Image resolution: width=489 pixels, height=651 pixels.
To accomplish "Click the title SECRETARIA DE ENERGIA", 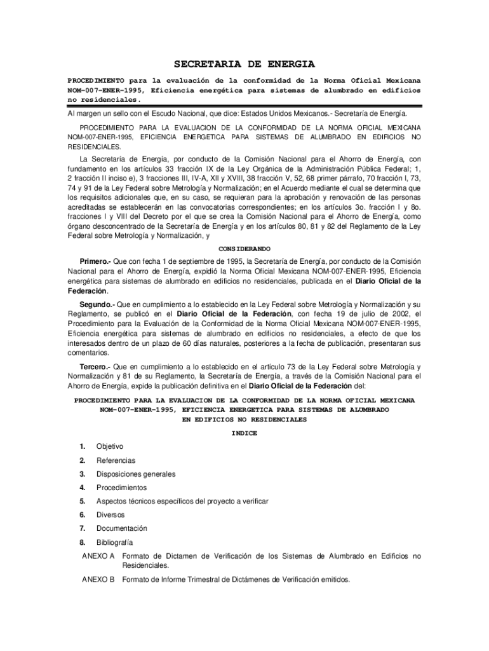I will click(x=245, y=64).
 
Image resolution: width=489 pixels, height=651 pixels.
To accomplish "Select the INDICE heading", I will click(x=245, y=432).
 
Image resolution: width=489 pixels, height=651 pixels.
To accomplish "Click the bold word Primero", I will click(x=95, y=261).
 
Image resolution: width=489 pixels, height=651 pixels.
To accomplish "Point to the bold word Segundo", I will click(x=95, y=305).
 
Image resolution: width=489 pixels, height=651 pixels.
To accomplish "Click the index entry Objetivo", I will click(x=110, y=446).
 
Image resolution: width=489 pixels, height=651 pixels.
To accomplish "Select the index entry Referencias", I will click(x=116, y=460).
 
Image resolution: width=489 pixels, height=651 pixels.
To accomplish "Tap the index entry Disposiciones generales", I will click(x=136, y=474).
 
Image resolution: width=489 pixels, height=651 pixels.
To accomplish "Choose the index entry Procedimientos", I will click(x=121, y=488).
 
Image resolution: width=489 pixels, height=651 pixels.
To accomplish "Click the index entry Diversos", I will click(x=111, y=514).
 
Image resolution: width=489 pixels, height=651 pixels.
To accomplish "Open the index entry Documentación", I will click(x=122, y=528).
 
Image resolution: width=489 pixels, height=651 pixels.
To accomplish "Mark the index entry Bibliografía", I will click(x=115, y=542).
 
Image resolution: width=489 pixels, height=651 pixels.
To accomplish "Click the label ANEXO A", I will click(x=98, y=556).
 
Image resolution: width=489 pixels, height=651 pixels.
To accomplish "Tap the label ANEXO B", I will click(x=98, y=579).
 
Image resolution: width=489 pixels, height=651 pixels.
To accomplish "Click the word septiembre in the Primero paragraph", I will click(x=204, y=261).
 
